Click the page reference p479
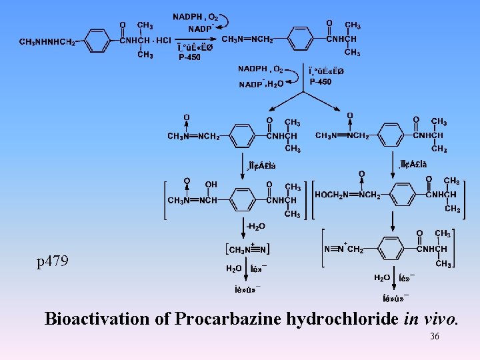53,261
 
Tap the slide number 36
435,337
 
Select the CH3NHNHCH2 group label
47,42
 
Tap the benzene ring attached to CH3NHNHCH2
99,41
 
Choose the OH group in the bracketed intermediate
211,184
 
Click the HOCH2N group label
332,195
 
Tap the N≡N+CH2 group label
344,249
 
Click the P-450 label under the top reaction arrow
189,57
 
